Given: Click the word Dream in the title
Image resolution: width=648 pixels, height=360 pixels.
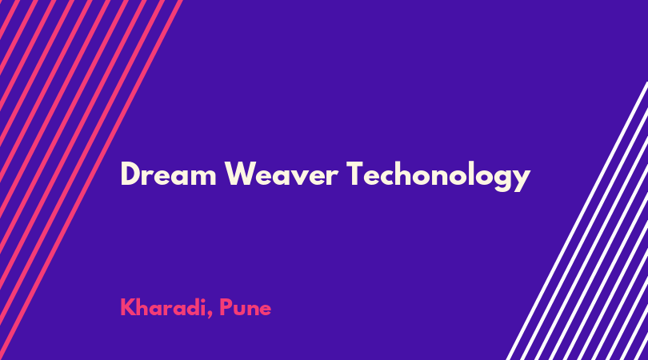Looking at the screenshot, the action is coord(168,174).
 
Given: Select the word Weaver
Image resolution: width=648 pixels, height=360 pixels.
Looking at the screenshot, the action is coord(282,174).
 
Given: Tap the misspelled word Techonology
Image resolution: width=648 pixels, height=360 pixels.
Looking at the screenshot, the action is coord(438,177).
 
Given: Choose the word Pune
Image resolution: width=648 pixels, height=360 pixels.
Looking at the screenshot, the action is coord(245,308).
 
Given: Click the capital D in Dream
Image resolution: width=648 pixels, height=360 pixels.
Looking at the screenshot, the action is coord(130,174).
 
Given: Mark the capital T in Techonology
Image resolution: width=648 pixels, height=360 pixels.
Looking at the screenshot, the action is coord(356,174).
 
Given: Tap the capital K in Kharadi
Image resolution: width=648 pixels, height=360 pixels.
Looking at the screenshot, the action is coord(128,307).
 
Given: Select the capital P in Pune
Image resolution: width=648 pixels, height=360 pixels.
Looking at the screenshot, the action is coord(226,307).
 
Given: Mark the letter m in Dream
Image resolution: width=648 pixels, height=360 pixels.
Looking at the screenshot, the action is coord(202,177).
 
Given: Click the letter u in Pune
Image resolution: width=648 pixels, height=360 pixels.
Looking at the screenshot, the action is coord(241,310).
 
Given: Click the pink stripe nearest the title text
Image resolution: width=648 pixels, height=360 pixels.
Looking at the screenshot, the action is coord(90,180).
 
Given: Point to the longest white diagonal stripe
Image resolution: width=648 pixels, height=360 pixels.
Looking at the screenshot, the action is coord(578,221).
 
